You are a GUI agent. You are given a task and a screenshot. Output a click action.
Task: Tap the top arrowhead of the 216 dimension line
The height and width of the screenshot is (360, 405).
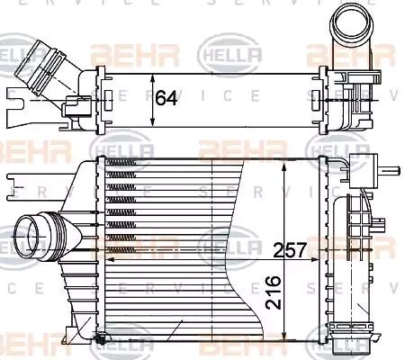point(286,166)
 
